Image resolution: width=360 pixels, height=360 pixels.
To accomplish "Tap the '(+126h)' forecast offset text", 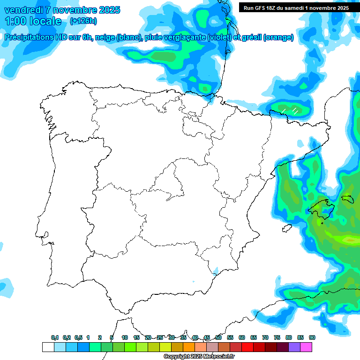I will tap(83, 21).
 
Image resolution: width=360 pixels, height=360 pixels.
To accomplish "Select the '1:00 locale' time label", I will tap(33, 21).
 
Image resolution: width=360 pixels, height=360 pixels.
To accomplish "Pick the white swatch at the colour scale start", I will tap(48, 347).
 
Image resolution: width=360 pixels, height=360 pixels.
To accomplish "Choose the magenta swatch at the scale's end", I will tap(306, 347).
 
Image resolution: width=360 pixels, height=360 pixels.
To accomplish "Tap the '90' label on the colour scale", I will tap(312, 337).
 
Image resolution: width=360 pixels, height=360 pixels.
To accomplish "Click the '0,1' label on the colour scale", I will tap(55, 337).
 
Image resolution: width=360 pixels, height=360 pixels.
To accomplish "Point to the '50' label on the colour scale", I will tap(218, 337).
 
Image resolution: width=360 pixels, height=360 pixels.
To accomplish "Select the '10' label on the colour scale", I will tap(125, 337).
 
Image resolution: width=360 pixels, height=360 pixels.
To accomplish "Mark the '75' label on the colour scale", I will tap(277, 337).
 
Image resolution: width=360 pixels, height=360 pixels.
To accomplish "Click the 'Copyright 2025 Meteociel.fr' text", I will tap(199, 357).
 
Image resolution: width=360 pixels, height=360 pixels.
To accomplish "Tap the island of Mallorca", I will tap(321, 209).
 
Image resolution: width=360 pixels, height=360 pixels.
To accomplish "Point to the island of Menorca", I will tap(347, 198).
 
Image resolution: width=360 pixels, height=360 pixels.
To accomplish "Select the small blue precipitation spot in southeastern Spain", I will tap(216, 270).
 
